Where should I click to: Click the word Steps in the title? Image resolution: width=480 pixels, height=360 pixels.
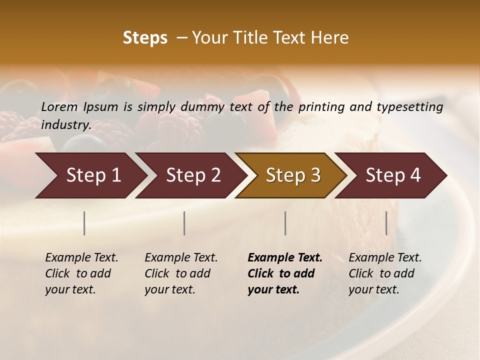pyautogui.click(x=145, y=38)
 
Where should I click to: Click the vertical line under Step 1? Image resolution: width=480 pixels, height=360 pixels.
pyautogui.click(x=84, y=223)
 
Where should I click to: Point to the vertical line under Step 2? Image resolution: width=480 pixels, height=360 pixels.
pyautogui.click(x=184, y=223)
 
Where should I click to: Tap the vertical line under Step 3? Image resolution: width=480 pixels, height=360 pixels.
pyautogui.click(x=285, y=223)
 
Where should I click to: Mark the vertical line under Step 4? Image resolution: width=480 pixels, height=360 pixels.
pyautogui.click(x=386, y=223)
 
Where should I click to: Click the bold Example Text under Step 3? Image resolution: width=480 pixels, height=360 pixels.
pyautogui.click(x=285, y=258)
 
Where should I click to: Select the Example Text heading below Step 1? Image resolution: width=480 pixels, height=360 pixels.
pyautogui.click(x=81, y=258)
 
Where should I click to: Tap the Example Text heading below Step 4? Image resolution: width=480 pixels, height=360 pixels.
pyautogui.click(x=385, y=258)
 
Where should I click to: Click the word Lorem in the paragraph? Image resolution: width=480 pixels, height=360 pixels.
pyautogui.click(x=59, y=107)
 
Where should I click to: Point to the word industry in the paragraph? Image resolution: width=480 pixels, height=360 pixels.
pyautogui.click(x=65, y=125)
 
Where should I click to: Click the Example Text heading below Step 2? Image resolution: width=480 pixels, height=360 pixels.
pyautogui.click(x=181, y=258)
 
